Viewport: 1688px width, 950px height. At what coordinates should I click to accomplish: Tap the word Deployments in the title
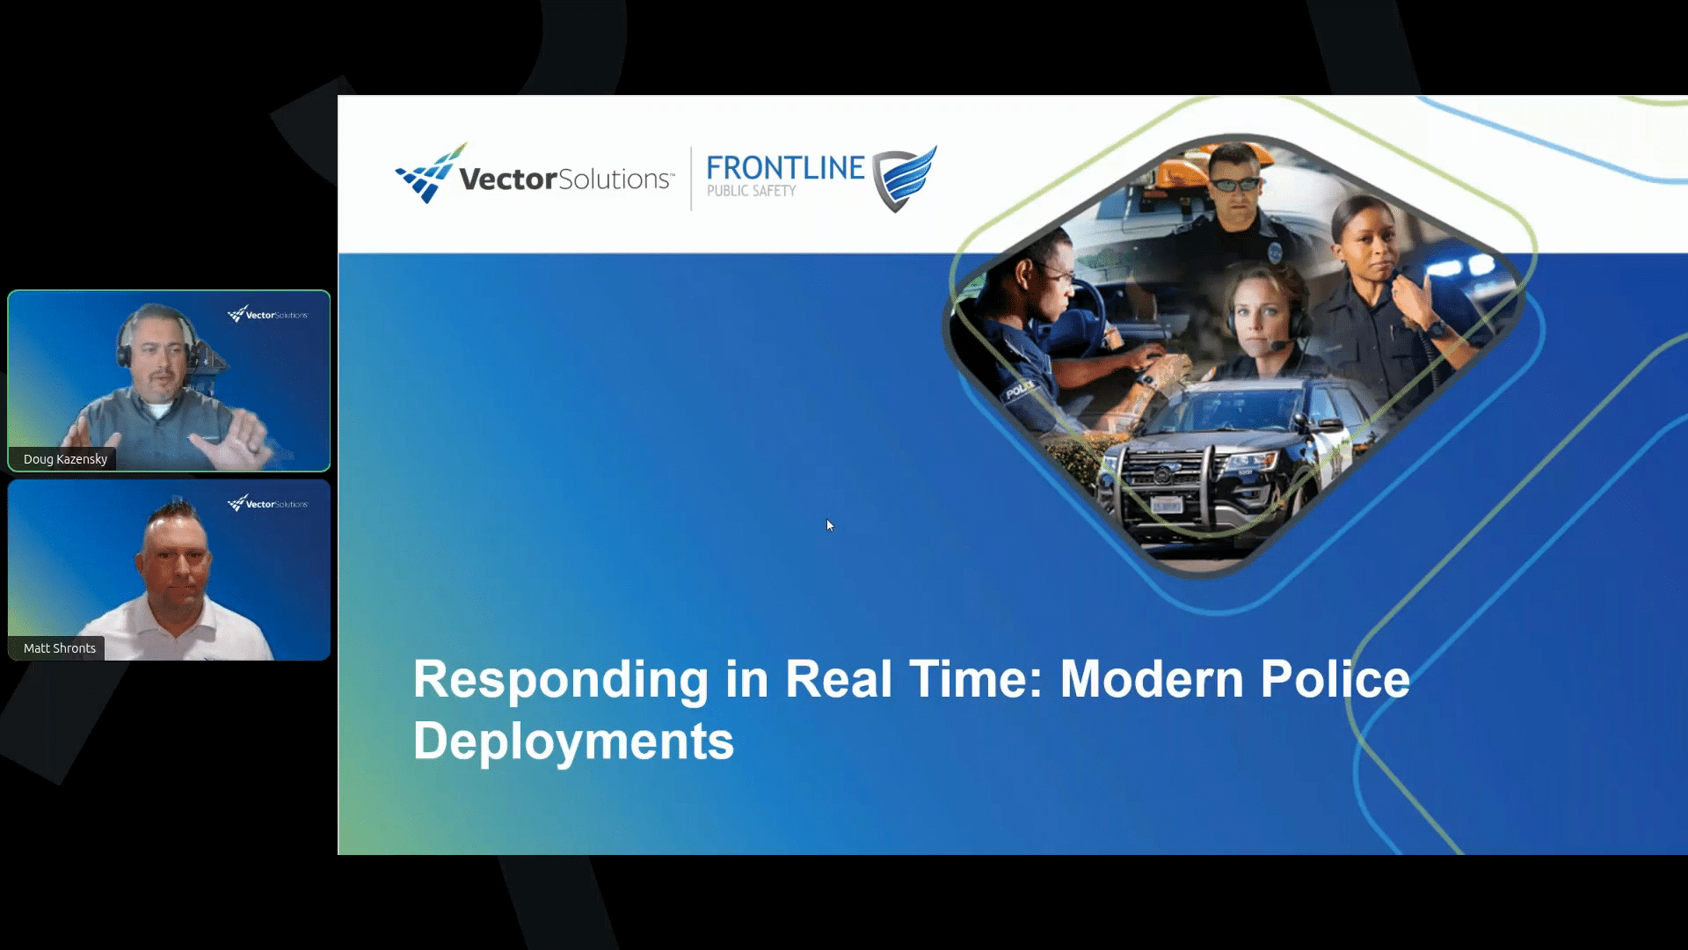click(573, 741)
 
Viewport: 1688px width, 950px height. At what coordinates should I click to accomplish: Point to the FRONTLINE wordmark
click(785, 167)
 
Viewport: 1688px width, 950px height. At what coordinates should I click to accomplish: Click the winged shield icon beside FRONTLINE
click(904, 179)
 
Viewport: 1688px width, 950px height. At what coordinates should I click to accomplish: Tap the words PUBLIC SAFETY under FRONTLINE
click(751, 191)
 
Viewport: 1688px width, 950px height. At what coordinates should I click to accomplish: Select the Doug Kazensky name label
click(65, 459)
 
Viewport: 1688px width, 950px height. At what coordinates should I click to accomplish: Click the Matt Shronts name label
click(60, 648)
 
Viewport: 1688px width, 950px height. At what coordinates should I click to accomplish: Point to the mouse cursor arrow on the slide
click(830, 526)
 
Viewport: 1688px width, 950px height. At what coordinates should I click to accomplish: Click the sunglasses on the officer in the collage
click(1236, 184)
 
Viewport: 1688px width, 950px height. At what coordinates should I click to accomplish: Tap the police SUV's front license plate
click(1167, 505)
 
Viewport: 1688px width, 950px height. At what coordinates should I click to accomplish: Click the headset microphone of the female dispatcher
click(1277, 345)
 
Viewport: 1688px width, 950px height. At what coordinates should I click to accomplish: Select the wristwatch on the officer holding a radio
click(1435, 329)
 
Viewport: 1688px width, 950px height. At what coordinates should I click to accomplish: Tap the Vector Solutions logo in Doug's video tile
click(267, 314)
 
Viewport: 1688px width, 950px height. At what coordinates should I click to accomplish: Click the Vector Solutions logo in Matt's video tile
click(267, 503)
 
